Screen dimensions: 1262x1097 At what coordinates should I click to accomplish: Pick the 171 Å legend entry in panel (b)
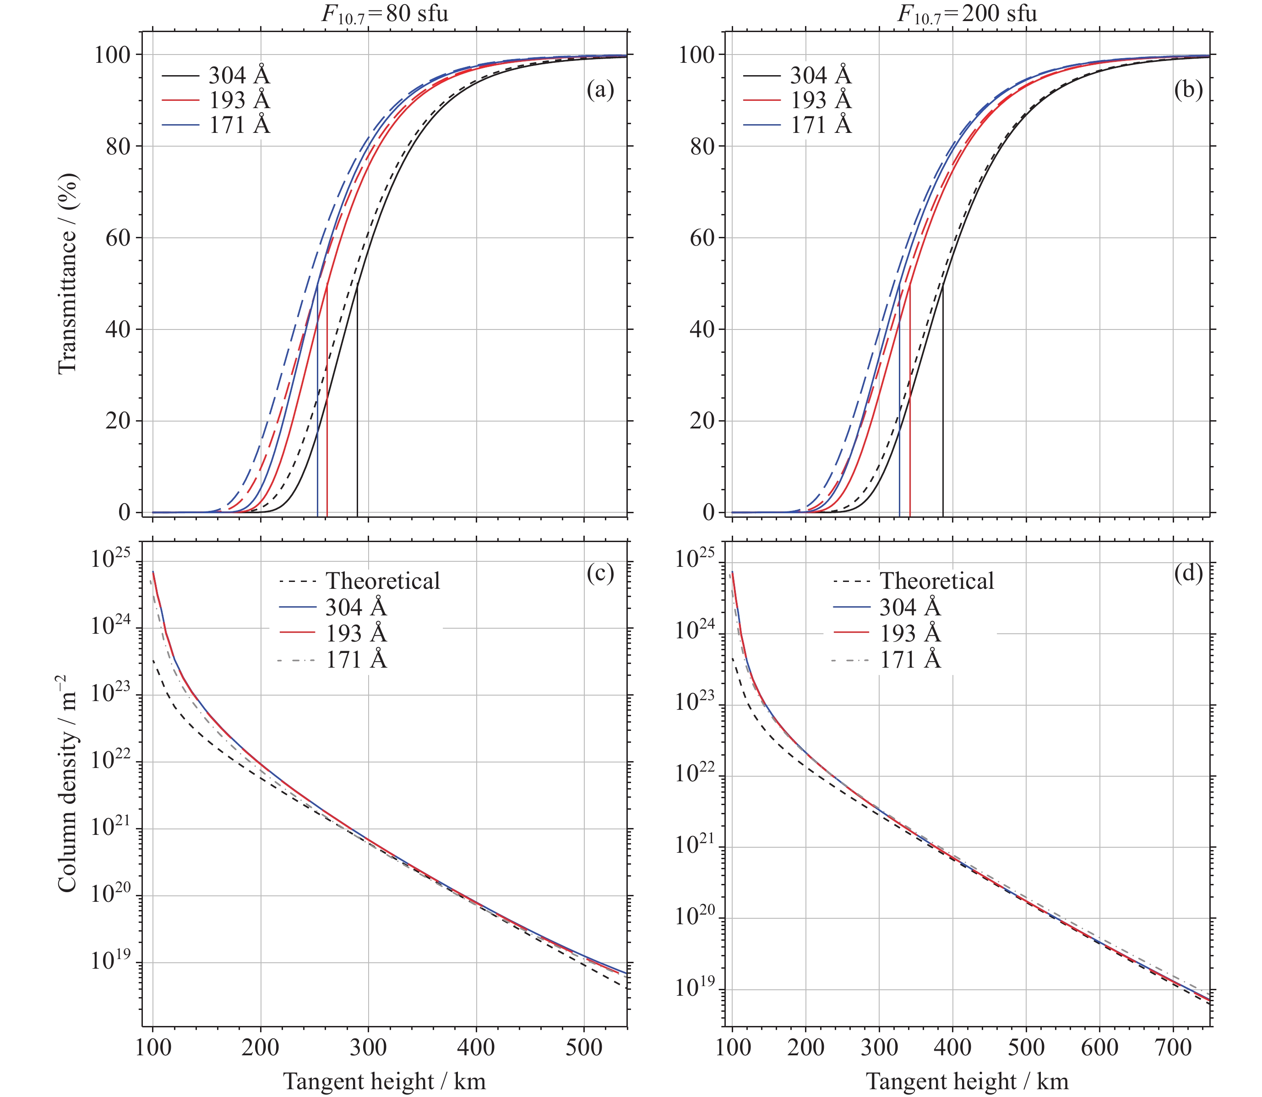(x=797, y=125)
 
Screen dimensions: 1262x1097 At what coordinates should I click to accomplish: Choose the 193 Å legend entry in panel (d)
(x=887, y=633)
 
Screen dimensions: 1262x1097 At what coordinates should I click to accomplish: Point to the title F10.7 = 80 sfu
(x=385, y=13)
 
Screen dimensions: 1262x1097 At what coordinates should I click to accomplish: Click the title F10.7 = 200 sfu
(x=967, y=13)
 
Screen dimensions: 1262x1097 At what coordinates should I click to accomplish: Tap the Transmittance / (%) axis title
(x=67, y=273)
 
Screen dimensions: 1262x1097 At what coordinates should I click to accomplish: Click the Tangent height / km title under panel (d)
(x=967, y=1081)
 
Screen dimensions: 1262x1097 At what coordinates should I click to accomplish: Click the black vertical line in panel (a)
(x=357, y=400)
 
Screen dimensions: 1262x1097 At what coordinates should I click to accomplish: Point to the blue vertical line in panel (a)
(x=317, y=400)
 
